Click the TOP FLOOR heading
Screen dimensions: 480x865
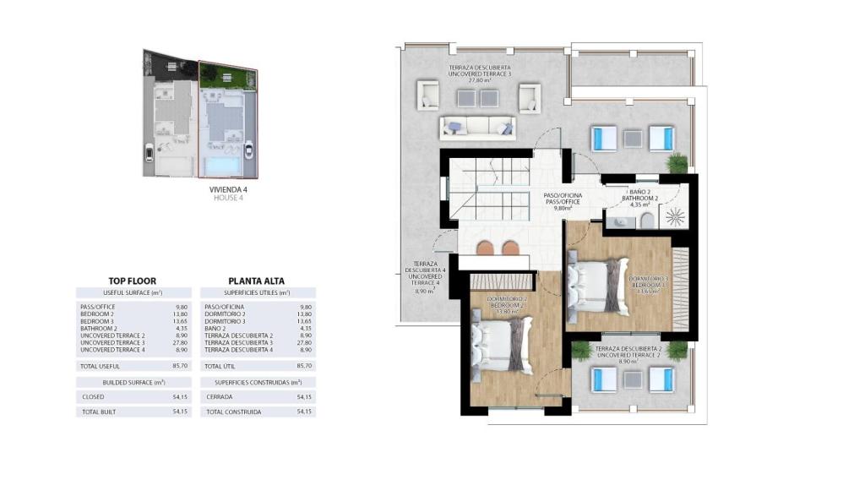[x=132, y=281]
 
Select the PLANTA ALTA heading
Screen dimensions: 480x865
[x=256, y=281]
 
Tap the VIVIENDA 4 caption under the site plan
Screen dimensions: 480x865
[x=228, y=190]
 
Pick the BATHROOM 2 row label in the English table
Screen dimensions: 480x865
[x=99, y=328]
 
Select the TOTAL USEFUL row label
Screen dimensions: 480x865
[x=100, y=366]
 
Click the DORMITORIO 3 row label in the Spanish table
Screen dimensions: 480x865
[x=226, y=321]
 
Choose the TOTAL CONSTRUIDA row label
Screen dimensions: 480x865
[x=233, y=412]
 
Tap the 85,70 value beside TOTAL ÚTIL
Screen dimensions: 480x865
[x=305, y=366]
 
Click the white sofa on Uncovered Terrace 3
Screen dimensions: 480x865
[x=477, y=127]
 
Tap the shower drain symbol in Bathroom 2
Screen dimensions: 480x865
[x=675, y=216]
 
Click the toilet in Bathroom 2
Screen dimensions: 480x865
[x=647, y=221]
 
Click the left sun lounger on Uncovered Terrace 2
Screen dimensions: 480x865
[x=604, y=379]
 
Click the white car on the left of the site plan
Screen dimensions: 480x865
[x=150, y=153]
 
